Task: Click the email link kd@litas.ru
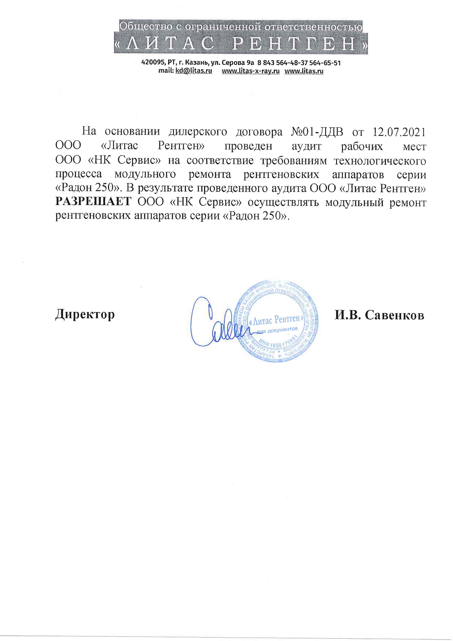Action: coord(193,71)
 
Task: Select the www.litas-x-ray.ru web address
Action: coord(250,71)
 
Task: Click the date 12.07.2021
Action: coord(399,132)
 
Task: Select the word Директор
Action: coord(85,314)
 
